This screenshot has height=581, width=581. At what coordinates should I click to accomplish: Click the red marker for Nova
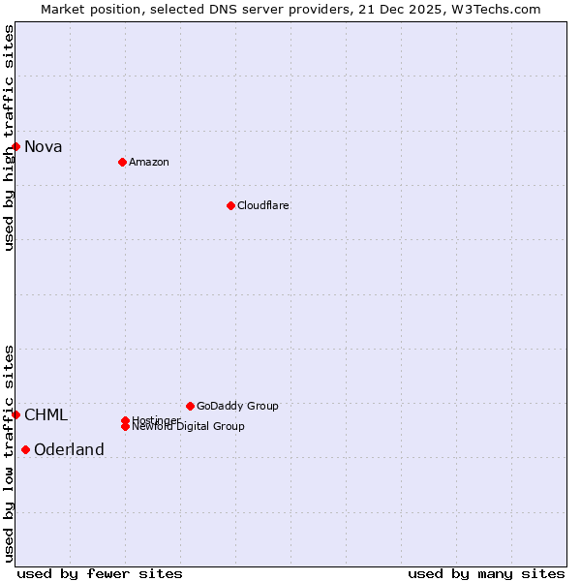pyautogui.click(x=16, y=146)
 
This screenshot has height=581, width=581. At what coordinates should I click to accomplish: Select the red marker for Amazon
pyautogui.click(x=122, y=162)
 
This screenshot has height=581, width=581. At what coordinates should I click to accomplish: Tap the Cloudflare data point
pyautogui.click(x=230, y=205)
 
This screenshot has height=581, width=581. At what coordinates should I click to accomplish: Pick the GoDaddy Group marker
pyautogui.click(x=190, y=406)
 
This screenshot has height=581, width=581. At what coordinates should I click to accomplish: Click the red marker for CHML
pyautogui.click(x=16, y=414)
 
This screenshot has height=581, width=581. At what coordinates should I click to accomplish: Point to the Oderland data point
pyautogui.click(x=25, y=449)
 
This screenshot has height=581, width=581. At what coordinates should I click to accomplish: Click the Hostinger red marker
pyautogui.click(x=125, y=420)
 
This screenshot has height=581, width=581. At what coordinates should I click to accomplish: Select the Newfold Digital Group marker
pyautogui.click(x=126, y=427)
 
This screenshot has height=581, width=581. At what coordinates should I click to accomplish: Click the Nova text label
pyautogui.click(x=44, y=147)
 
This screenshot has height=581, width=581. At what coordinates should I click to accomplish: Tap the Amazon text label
pyautogui.click(x=149, y=162)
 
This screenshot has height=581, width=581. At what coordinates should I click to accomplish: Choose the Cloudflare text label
pyautogui.click(x=263, y=205)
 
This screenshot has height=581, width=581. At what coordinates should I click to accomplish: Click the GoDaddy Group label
pyautogui.click(x=237, y=406)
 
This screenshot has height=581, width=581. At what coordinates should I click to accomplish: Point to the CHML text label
pyautogui.click(x=46, y=415)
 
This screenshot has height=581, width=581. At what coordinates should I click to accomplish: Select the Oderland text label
pyautogui.click(x=69, y=450)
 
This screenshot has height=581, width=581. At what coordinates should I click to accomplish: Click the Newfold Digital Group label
pyautogui.click(x=189, y=427)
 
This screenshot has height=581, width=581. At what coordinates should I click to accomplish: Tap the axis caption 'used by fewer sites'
pyautogui.click(x=100, y=573)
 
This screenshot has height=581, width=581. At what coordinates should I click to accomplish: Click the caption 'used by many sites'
pyautogui.click(x=486, y=573)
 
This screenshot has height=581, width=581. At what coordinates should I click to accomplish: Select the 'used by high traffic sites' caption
pyautogui.click(x=9, y=138)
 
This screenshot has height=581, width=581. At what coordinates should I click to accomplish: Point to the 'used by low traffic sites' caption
pyautogui.click(x=9, y=453)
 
